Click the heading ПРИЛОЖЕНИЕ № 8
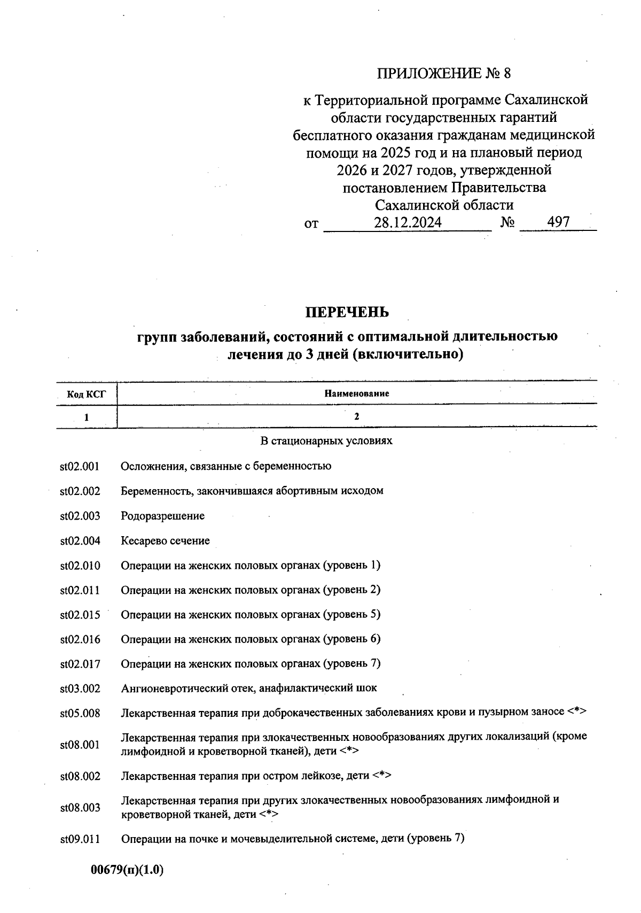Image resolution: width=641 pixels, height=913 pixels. pos(444,73)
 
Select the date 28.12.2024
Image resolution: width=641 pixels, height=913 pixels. pos(408,222)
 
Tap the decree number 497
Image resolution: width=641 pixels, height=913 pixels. pos(559,222)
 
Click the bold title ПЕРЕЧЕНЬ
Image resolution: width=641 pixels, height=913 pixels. pos(347,312)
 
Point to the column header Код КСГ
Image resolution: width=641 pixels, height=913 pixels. pos(86,394)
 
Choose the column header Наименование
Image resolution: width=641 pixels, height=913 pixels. pos(356,393)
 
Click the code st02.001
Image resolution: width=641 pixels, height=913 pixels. pos(80,466)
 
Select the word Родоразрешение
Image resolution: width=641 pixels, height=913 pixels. pos(162,516)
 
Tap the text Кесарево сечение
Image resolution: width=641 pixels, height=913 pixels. pos(165,540)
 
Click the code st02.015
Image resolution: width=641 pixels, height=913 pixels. pos(80,615)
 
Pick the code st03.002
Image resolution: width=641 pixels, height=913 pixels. pos(80,688)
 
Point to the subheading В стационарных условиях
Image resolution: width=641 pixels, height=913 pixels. pos(326,441)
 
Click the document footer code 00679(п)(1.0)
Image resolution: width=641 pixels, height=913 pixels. pos(127,870)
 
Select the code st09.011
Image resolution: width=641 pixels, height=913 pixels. pos(80,839)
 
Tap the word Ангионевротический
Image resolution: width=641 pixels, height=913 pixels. pos(167,688)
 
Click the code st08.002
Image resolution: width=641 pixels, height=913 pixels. pos(80,776)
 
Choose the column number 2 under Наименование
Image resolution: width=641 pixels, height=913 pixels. pos(356,416)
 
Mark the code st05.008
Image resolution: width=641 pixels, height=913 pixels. pos(80,713)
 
